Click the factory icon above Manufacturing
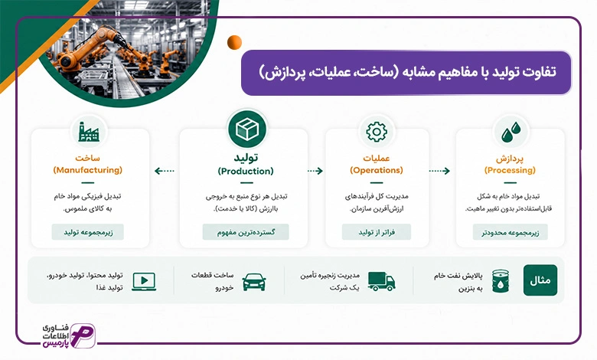(89, 132)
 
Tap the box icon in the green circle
(247, 129)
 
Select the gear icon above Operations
(377, 132)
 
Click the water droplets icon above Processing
(511, 132)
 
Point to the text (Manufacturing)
(88, 170)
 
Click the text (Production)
(246, 171)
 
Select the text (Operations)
(377, 170)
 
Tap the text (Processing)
(510, 170)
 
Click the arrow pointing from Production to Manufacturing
(164, 171)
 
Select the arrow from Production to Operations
(315, 171)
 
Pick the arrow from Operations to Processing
(440, 171)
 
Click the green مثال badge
(540, 280)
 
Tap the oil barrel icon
(501, 281)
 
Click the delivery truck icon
(381, 281)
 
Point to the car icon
(254, 282)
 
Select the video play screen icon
(144, 282)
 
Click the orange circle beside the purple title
(234, 42)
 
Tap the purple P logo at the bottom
(83, 335)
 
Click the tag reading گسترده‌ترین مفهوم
(246, 232)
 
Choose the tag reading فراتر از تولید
(377, 232)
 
